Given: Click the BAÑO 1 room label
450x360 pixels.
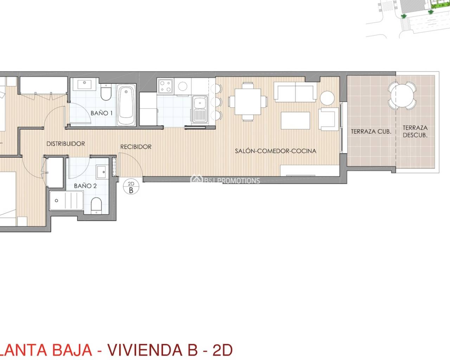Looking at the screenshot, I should pos(101,113).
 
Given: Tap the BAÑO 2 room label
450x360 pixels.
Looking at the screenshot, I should pos(85,186).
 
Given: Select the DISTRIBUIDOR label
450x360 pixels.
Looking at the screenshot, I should pos(66,144).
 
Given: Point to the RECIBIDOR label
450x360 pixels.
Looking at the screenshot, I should pos(136,147).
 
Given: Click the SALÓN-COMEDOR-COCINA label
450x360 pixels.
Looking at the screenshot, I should pos(276,151).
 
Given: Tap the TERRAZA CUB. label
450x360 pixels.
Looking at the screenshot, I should pos(371,131).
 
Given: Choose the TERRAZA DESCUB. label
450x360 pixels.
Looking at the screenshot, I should pos(415,131).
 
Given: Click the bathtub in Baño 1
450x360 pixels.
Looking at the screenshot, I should pos(126,104).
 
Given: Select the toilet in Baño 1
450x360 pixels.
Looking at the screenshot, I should pos(106,92).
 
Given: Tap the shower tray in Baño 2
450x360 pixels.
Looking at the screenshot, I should pos(66,201).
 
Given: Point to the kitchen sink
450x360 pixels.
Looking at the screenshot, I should pos(200,108).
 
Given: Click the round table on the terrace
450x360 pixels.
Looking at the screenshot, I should pos(402,95).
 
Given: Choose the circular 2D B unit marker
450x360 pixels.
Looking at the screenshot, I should pos(131,187).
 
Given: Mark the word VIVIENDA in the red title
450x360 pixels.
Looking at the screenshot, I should pos(144,350).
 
